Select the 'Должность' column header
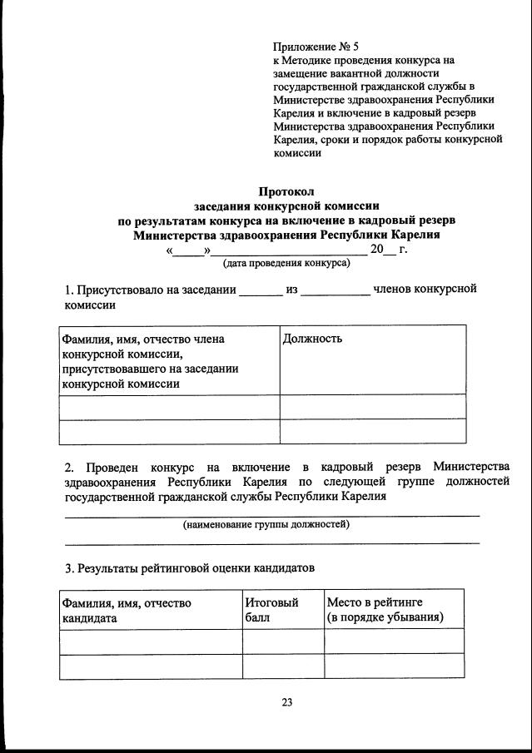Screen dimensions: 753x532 pos(312,339)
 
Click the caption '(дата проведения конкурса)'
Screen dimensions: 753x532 pos(286,263)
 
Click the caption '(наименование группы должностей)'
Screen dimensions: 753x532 pos(266,524)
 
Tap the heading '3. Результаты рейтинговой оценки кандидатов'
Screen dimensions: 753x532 pos(190,569)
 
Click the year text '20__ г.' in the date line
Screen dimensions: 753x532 pos(389,249)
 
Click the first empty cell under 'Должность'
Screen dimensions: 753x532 pos(372,407)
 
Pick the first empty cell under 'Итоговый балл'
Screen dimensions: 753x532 pos(283,641)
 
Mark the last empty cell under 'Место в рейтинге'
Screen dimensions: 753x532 pos(393,666)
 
